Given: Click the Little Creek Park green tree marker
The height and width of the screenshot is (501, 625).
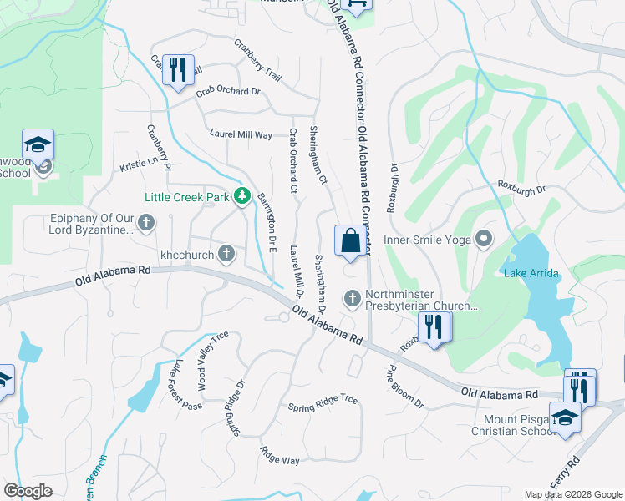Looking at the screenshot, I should click(242, 196).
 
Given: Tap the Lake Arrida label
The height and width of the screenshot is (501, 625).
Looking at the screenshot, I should click(531, 273).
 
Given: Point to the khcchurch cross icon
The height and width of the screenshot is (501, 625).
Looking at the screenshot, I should click(226, 253).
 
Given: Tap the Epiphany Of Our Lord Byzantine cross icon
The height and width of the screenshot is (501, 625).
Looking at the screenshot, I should click(146, 222).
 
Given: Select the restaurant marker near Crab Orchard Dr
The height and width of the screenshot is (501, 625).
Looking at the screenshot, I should click(177, 70).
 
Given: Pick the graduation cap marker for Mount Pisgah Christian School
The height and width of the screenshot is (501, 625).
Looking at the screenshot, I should click(565, 417).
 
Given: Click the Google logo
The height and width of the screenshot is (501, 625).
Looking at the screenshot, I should click(28, 491).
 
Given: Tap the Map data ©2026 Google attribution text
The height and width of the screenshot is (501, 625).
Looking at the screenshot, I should click(572, 494).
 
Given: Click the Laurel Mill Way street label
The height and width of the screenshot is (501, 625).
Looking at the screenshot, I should click(241, 134).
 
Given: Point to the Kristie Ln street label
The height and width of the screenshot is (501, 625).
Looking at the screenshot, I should click(139, 164).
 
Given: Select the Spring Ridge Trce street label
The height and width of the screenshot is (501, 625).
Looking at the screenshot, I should click(323, 404).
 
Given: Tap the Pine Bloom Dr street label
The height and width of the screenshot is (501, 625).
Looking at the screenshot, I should click(406, 386).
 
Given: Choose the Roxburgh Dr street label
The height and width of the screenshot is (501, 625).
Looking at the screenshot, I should click(521, 188).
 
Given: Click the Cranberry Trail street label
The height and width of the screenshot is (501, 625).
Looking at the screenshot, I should click(257, 60).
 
